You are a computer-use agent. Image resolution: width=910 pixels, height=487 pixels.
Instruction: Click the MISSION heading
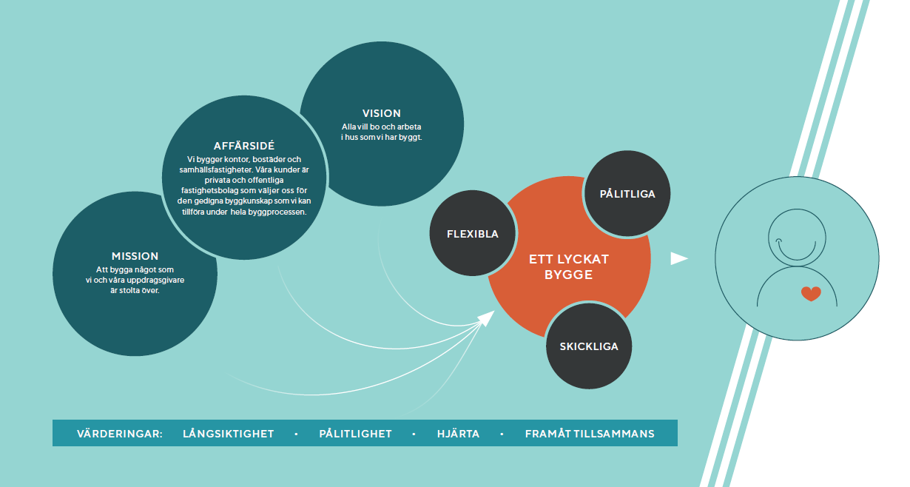click(135, 256)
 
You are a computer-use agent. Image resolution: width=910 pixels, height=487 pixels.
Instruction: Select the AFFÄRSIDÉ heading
click(244, 146)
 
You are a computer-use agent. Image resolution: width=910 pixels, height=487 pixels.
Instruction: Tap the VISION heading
click(382, 113)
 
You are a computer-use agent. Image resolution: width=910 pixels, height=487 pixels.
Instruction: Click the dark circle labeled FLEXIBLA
click(473, 234)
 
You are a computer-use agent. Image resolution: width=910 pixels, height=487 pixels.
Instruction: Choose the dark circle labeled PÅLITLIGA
click(627, 194)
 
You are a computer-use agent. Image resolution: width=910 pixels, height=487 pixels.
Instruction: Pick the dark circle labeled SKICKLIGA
click(589, 346)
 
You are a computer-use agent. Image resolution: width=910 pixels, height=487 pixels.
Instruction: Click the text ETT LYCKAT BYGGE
click(568, 267)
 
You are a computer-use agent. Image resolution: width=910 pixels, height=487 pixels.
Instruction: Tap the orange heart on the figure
click(811, 294)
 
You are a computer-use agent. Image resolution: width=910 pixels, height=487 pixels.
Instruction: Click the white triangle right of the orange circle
click(678, 258)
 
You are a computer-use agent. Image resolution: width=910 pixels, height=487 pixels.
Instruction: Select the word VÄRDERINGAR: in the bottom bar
click(120, 434)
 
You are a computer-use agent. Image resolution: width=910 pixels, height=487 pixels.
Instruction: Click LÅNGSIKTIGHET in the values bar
click(229, 434)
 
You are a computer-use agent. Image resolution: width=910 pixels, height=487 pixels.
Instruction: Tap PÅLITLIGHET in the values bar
click(355, 434)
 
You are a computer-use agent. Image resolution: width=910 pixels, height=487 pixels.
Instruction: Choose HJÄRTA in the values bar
click(458, 434)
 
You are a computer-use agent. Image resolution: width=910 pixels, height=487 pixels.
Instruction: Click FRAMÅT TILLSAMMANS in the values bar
click(590, 434)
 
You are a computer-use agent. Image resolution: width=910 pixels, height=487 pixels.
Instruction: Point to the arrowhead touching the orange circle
click(486, 318)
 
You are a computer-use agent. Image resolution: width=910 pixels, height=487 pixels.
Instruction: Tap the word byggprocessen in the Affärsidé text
click(283, 212)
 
